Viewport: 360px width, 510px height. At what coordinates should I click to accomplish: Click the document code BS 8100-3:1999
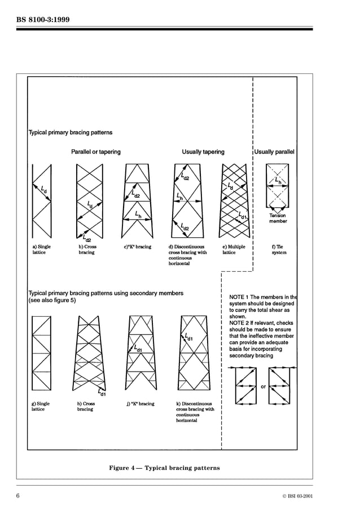[x=43, y=21]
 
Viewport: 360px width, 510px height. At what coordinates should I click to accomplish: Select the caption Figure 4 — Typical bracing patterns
[x=164, y=468]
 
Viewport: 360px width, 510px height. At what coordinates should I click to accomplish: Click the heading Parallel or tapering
[x=95, y=152]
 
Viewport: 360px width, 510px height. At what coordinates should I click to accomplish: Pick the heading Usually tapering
[x=203, y=152]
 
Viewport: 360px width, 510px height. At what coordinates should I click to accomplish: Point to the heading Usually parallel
[x=274, y=152]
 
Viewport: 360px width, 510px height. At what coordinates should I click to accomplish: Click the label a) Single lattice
[x=41, y=250]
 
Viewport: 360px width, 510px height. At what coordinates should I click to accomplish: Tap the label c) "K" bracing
[x=137, y=247]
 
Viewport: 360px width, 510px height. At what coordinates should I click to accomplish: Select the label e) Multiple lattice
[x=234, y=250]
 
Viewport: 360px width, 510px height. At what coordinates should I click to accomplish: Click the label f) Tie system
[x=279, y=250]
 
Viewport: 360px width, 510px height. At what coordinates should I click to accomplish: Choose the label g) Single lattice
[x=40, y=407]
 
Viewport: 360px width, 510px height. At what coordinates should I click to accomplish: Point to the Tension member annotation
[x=278, y=219]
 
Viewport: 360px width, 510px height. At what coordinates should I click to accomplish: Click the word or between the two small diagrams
[x=263, y=387]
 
